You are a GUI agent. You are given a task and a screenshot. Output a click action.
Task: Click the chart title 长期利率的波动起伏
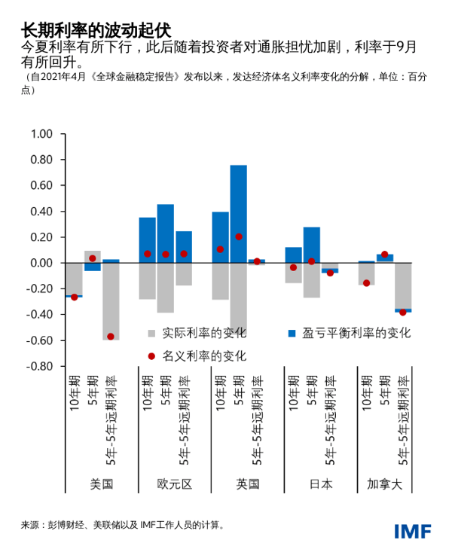96,30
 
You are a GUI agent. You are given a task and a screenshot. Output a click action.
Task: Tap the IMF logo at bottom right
413,530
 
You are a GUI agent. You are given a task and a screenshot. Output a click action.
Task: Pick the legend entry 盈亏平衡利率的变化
354,333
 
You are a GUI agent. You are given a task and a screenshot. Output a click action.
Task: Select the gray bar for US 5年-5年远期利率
111,301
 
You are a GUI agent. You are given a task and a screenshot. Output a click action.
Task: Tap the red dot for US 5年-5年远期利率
111,337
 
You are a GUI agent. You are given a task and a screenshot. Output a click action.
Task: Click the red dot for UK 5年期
239,236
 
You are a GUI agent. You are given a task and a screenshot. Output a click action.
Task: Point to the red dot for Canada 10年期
367,283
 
